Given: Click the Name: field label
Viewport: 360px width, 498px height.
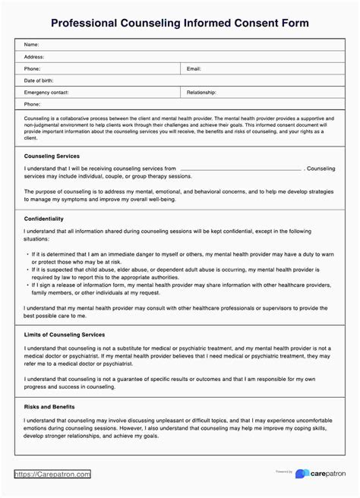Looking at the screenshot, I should point(32,45).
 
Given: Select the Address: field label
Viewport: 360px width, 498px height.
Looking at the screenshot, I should point(34,57).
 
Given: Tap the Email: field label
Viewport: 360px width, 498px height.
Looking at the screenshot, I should point(194,68).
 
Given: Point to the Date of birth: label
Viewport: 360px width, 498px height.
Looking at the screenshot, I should point(39,80).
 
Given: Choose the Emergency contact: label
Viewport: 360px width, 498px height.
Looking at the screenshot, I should point(46,92).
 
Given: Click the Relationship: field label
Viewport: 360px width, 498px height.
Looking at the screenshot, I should point(202,92).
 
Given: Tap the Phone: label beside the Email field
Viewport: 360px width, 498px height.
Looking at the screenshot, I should point(33,68).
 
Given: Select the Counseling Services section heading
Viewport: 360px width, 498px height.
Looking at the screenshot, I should point(52,156).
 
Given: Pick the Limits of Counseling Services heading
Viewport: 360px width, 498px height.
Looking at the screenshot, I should point(65,335).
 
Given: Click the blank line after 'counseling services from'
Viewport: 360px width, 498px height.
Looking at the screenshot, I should point(241,169).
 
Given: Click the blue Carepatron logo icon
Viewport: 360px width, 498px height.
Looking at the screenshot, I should point(302,474).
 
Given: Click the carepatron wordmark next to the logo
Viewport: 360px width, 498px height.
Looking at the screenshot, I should point(327,474).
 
